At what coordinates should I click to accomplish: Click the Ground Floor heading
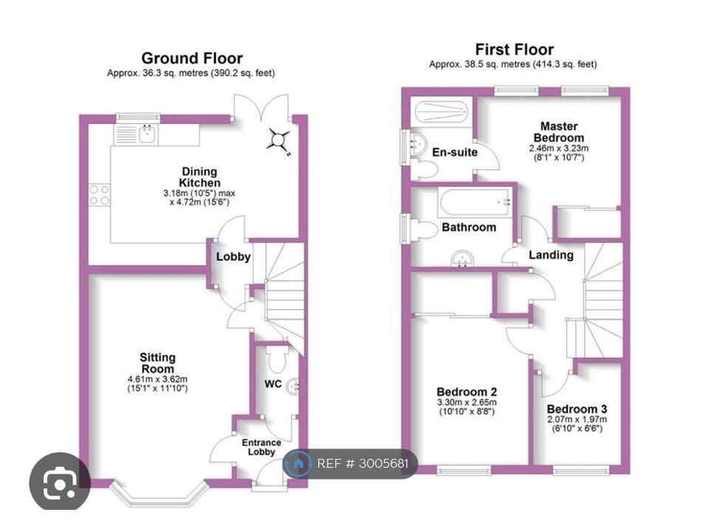(x=192, y=58)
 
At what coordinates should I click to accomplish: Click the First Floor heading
(x=514, y=50)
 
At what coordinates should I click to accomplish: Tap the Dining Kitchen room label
(x=199, y=177)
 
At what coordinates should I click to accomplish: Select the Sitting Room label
(x=157, y=364)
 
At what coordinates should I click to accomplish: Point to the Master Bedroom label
(x=559, y=132)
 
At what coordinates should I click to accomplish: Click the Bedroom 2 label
(x=467, y=392)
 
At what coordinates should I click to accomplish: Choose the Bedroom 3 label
(x=577, y=409)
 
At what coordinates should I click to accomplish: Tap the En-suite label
(x=455, y=152)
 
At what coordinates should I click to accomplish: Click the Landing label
(x=551, y=255)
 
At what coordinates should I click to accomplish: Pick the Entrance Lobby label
(x=261, y=447)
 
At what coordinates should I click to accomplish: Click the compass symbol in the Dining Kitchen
(x=278, y=140)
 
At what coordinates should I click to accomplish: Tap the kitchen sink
(x=148, y=134)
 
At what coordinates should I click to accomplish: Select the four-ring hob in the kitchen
(x=100, y=195)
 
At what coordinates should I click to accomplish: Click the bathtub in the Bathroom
(x=475, y=203)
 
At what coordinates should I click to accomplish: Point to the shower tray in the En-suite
(x=441, y=112)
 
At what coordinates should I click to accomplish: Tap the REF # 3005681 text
(x=362, y=464)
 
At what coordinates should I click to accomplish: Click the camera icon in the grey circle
(x=60, y=483)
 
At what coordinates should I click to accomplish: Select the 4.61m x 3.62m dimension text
(x=157, y=379)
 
